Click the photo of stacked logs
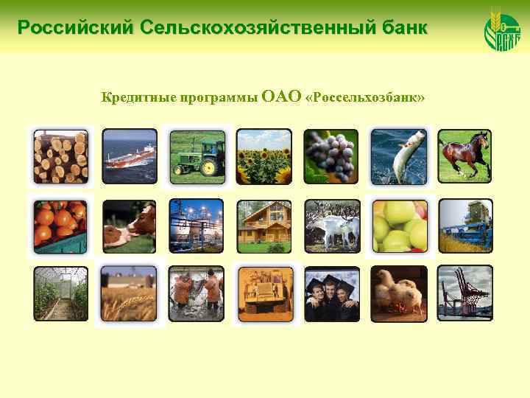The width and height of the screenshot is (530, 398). click(x=61, y=156)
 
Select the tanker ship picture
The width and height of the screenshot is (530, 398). click(x=129, y=156)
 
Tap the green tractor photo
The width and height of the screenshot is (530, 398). click(x=197, y=156)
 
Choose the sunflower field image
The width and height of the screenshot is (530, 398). click(x=264, y=156)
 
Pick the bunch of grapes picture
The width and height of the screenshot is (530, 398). click(x=331, y=156)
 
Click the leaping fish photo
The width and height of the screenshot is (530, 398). click(x=398, y=156)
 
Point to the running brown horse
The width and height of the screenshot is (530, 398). click(x=465, y=156)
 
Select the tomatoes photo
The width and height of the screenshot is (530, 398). click(x=61, y=226)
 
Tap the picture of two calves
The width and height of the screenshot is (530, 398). click(x=129, y=226)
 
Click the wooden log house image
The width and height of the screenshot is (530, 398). click(x=264, y=226)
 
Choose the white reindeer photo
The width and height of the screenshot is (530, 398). click(x=331, y=226)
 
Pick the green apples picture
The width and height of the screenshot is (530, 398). click(x=398, y=226)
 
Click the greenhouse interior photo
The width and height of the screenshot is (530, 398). click(x=61, y=293)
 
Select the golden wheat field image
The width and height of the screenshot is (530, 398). click(x=129, y=293)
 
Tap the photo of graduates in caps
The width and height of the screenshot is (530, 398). click(x=331, y=293)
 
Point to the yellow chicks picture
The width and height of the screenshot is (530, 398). click(x=398, y=293)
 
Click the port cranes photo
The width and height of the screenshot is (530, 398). click(x=465, y=293)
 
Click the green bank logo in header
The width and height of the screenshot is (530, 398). click(x=502, y=29)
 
